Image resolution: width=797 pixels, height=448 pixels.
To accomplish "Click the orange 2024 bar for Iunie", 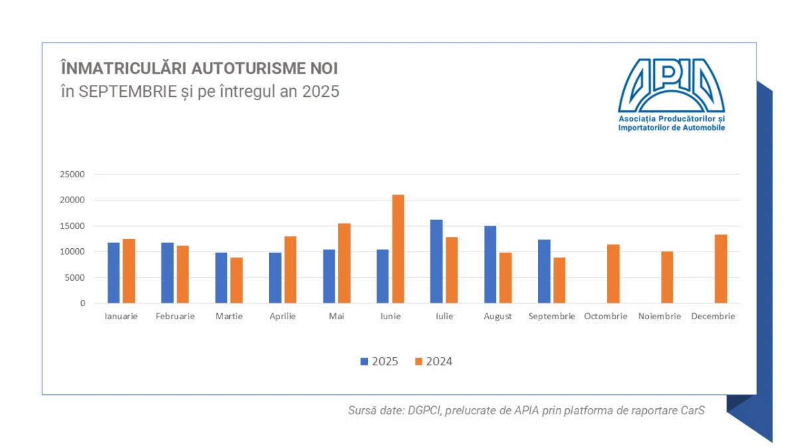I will (x=398, y=249).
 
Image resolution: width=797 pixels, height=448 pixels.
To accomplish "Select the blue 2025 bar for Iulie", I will (x=436, y=261).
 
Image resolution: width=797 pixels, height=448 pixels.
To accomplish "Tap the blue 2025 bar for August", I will (x=490, y=265).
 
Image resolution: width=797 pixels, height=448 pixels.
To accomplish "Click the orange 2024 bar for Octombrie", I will (x=613, y=274).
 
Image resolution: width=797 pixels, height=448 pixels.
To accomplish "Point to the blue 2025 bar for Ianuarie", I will (x=114, y=273).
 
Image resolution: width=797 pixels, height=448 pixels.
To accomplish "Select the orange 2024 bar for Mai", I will (x=344, y=263).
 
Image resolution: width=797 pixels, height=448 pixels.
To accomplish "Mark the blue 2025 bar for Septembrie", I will (x=544, y=271).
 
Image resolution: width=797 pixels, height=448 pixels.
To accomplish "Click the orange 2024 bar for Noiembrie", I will (x=667, y=277).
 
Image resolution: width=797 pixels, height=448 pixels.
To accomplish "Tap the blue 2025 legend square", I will (x=364, y=362).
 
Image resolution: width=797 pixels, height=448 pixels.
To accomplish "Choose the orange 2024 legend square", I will (x=418, y=362).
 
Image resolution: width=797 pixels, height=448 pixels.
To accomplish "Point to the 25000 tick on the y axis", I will (x=73, y=175).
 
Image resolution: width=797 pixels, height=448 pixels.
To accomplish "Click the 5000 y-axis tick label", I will (x=76, y=277).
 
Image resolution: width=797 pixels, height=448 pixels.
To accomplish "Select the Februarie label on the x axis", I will (x=175, y=317).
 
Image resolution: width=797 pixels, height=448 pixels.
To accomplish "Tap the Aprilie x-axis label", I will (x=283, y=317).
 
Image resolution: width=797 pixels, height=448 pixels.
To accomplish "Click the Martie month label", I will (x=229, y=317).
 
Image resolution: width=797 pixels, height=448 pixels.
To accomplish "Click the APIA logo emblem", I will (x=671, y=85).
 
